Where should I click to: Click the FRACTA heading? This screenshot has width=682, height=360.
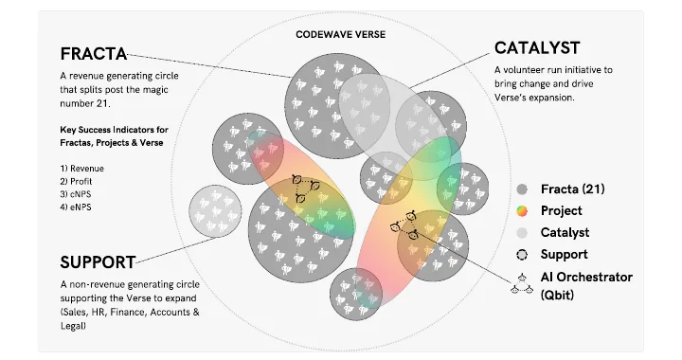[x=94, y=54]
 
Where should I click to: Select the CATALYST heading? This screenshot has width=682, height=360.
[x=537, y=47]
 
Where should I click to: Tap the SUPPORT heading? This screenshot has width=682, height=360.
[x=98, y=262]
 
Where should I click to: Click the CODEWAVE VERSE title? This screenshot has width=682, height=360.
[x=341, y=34]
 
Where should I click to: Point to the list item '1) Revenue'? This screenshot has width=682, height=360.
[x=81, y=169]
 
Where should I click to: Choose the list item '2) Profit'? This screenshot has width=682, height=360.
[x=76, y=181]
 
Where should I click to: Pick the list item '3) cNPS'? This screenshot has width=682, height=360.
[x=76, y=194]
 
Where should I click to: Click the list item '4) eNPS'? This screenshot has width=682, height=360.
[x=76, y=207]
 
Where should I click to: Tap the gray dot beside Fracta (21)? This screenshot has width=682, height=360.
[x=522, y=189]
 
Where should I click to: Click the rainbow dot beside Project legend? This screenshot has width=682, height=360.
[x=522, y=211]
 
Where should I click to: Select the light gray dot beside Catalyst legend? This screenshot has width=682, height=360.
[x=522, y=233]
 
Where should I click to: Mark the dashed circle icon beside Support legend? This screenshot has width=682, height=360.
[x=522, y=255]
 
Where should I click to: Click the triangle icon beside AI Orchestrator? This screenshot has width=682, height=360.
[x=522, y=284]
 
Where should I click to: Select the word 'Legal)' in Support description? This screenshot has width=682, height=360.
[x=73, y=326]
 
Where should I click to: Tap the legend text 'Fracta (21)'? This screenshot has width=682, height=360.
[x=573, y=189]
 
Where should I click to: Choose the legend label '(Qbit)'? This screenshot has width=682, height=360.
[x=557, y=295]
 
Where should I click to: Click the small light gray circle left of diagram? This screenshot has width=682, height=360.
[x=215, y=211]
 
